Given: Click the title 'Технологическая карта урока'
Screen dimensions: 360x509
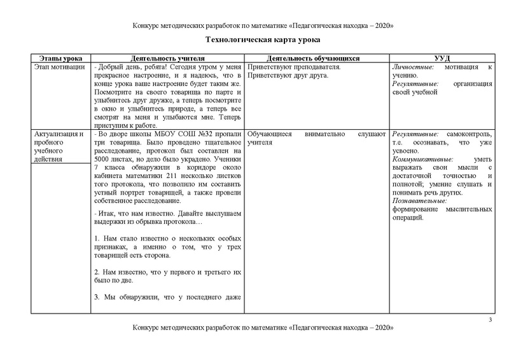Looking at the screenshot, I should (254, 40).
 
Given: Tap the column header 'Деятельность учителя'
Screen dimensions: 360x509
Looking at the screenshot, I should (167, 58).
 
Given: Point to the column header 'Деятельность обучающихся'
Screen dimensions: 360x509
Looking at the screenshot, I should (316, 58).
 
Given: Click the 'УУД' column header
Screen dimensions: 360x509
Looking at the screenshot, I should (442, 58).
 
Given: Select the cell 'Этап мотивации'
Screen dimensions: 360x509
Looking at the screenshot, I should (58, 67).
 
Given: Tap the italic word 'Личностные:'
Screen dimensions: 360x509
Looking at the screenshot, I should (414, 67).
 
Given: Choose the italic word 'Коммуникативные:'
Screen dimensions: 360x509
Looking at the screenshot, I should (422, 160).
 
